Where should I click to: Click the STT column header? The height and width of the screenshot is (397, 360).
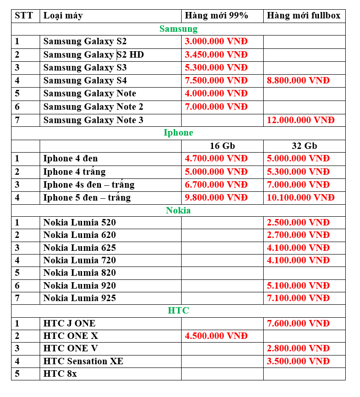point(24,16)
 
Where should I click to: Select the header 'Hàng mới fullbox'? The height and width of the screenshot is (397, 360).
point(303,16)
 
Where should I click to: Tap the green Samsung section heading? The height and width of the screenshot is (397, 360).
point(178,29)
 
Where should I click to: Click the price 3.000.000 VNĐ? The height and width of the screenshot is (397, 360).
point(216,41)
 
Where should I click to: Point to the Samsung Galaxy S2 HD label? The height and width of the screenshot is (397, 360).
point(94,54)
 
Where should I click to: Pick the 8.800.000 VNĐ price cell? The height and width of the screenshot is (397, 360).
point(298,80)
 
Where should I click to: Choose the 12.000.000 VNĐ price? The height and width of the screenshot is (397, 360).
point(301,120)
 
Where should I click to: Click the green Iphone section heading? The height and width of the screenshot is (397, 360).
point(178,133)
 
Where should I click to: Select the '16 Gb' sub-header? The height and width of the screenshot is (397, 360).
point(222,146)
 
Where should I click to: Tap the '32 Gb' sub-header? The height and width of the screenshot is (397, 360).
point(304,146)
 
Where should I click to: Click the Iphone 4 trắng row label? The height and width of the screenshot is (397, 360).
point(74,172)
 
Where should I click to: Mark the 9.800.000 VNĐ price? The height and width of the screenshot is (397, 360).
point(216,197)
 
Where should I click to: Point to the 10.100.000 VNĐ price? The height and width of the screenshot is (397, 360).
point(301,197)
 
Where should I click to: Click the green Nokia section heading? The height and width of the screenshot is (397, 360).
point(178,210)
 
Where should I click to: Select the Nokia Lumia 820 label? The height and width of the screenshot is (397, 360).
point(80,273)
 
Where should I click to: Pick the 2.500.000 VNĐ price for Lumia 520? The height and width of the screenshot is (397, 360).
point(298,222)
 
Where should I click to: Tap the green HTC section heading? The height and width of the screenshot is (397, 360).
point(178,310)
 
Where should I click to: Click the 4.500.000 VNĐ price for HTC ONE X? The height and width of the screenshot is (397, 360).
point(216,335)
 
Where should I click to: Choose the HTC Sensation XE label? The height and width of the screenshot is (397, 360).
point(83,361)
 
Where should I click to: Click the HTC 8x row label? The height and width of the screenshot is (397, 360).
point(60,373)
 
